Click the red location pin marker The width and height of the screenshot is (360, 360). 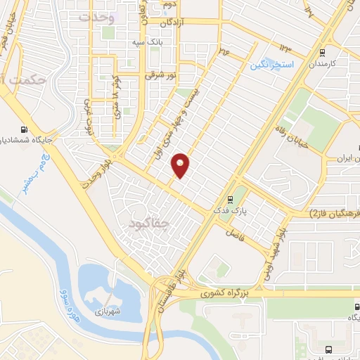pos(181,165)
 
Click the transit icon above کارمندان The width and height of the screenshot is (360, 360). pos(322,52)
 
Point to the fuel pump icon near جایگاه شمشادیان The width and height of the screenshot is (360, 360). pos(25,129)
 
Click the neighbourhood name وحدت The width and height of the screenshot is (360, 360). pos(97,18)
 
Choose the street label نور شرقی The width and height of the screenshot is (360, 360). pos(159,73)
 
